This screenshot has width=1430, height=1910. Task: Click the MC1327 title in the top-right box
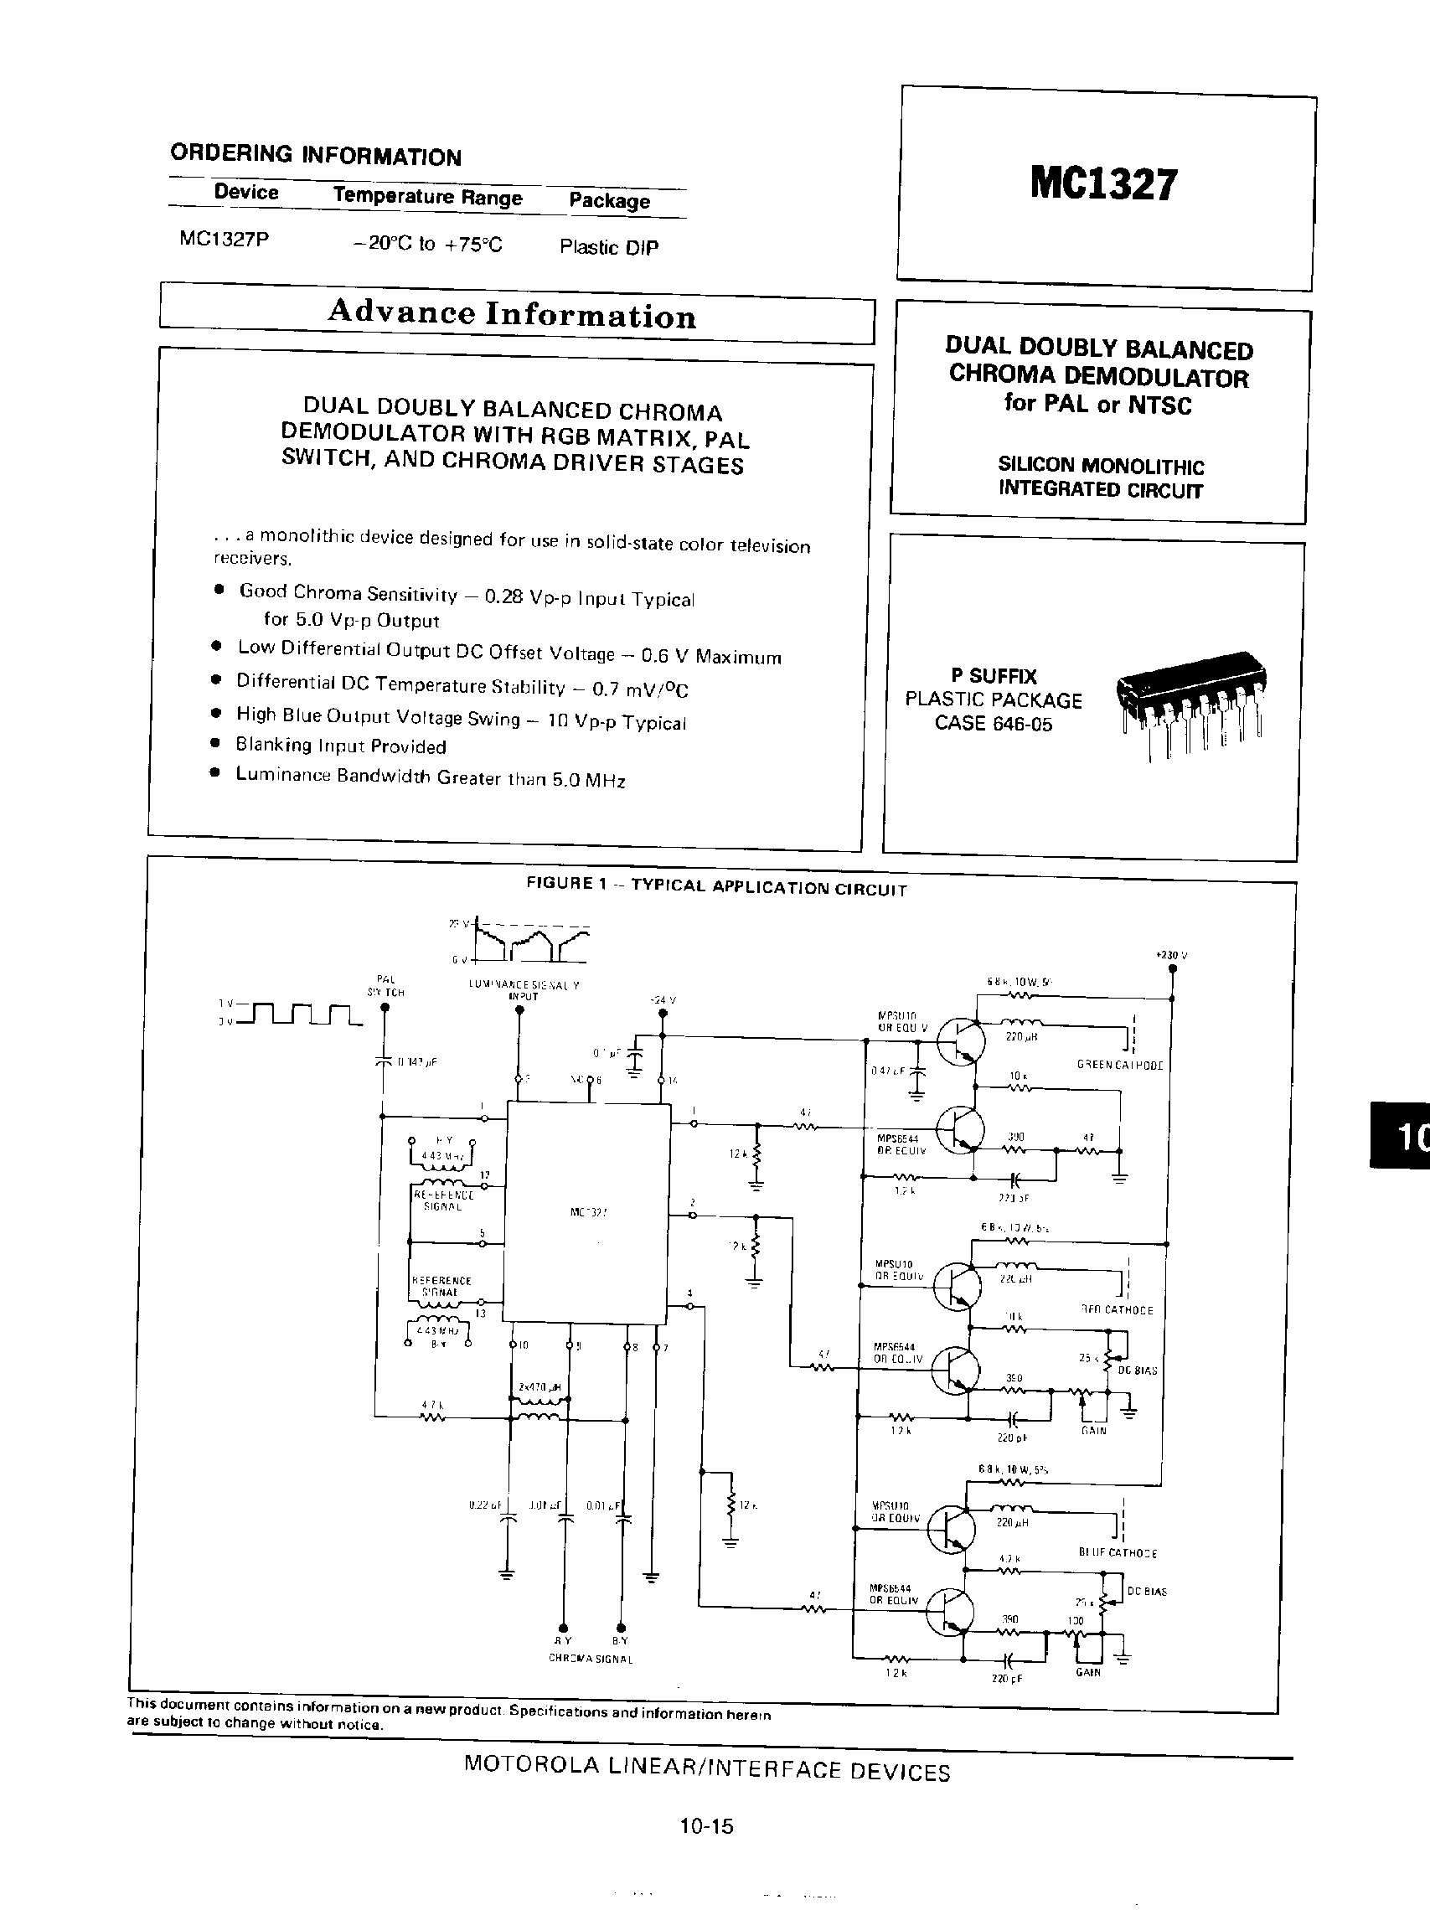click(1102, 184)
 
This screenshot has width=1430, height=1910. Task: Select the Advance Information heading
click(511, 313)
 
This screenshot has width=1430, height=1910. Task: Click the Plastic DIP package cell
click(609, 247)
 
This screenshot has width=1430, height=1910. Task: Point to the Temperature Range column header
click(427, 196)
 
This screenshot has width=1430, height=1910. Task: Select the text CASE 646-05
click(993, 724)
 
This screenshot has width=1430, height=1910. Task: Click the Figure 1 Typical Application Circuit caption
click(717, 885)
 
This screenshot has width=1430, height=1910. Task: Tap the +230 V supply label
click(1171, 955)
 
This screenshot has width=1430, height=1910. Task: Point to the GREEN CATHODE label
click(1119, 1066)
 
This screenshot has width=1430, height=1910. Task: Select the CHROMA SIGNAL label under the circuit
click(591, 1659)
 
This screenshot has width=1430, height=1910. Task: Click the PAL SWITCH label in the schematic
click(386, 985)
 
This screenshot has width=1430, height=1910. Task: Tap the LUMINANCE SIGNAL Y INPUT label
click(524, 989)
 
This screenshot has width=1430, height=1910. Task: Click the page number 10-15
click(705, 1826)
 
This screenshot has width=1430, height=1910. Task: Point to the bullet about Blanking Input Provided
click(340, 746)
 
